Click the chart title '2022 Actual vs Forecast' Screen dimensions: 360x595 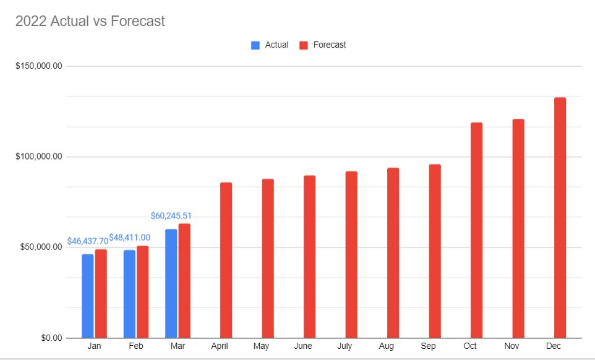click(x=90, y=21)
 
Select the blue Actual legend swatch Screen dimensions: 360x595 click(x=255, y=45)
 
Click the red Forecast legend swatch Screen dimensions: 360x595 click(x=304, y=45)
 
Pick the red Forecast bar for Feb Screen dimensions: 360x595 click(x=143, y=291)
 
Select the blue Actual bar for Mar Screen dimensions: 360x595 click(x=171, y=283)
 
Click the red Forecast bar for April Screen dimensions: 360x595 click(x=226, y=260)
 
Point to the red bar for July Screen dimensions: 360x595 click(x=351, y=254)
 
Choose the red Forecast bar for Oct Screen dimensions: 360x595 click(x=476, y=230)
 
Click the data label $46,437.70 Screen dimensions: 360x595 click(x=87, y=241)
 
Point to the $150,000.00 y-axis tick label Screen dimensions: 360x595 click(x=38, y=66)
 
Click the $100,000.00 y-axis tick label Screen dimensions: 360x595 click(x=38, y=156)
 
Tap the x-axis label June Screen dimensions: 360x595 click(x=303, y=346)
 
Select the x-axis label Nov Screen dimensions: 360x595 click(x=512, y=346)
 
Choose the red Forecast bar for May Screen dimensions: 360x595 click(x=268, y=258)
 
